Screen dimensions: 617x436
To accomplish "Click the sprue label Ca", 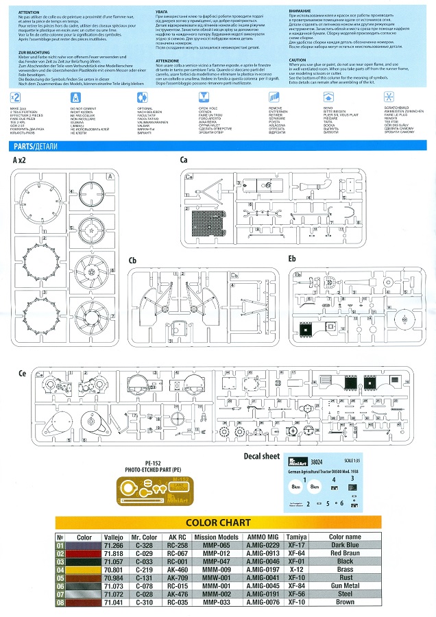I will click(184, 159).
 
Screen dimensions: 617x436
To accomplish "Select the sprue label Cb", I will click(133, 260).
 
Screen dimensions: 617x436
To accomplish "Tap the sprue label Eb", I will click(292, 260).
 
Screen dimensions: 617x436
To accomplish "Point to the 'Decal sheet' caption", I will click(262, 456).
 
